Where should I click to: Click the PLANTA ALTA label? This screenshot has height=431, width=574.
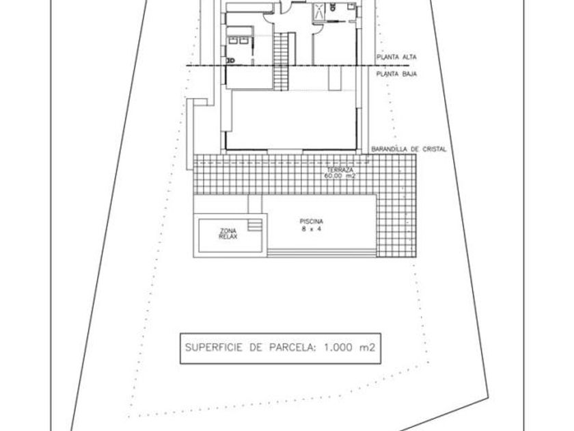point(396,57)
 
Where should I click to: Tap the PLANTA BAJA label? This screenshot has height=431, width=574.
point(396,74)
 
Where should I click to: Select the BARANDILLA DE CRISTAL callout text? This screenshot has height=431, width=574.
point(409,149)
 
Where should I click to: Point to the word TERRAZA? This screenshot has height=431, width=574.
point(340,170)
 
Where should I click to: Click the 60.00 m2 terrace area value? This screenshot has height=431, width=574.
point(340,176)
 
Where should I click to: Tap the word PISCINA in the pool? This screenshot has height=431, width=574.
point(311,222)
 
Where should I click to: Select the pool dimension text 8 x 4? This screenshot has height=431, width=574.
point(311,228)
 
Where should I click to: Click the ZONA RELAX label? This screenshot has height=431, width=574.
point(228,234)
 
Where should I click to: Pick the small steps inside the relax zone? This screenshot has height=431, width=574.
point(255,224)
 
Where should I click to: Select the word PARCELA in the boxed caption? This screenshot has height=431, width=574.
point(292,348)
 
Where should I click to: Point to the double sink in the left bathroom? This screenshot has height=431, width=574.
point(238,40)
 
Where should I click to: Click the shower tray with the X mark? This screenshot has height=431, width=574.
point(319,11)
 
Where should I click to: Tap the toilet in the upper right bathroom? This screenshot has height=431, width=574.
point(333,7)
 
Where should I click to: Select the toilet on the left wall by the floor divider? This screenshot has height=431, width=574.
point(231,60)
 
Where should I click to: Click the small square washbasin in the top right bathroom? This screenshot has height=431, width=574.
point(351,6)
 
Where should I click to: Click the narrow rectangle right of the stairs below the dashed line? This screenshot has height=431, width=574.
point(335,78)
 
